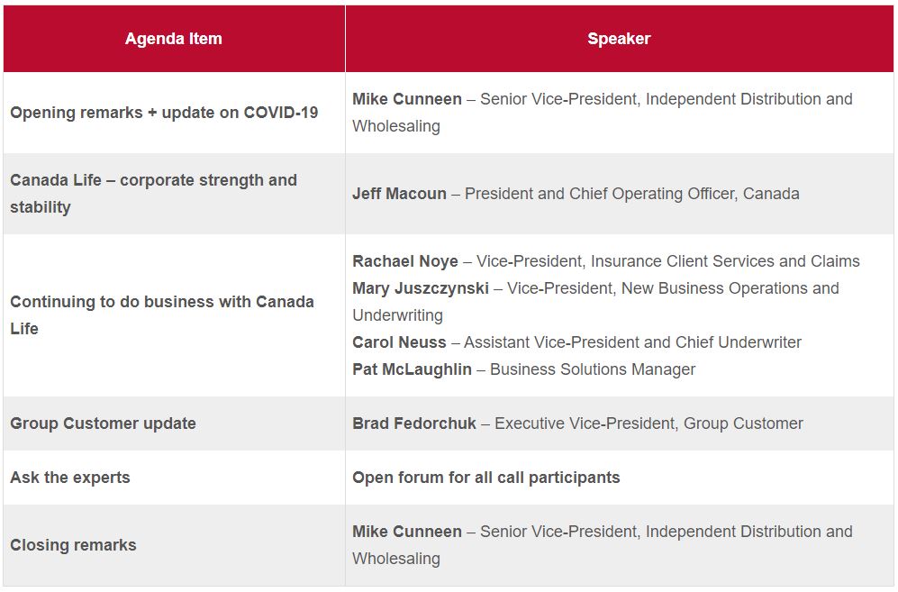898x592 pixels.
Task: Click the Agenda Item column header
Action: [174, 39]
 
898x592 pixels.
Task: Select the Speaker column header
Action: [619, 39]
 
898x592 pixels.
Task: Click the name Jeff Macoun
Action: [399, 194]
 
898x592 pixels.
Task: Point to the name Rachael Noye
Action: [405, 261]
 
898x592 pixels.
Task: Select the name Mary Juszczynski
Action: [421, 288]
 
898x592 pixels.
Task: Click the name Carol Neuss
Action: [399, 342]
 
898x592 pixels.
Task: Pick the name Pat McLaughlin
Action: [413, 369]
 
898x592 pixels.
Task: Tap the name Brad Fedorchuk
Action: [414, 424]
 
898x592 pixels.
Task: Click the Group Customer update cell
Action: [103, 424]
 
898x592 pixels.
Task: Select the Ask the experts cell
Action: [70, 478]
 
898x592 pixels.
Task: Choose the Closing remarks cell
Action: [73, 545]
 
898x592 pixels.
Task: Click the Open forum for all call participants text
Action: [486, 478]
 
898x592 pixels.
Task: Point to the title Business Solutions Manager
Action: [593, 369]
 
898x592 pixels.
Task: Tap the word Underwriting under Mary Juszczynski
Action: [397, 315]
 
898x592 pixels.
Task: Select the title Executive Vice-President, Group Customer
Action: [649, 424]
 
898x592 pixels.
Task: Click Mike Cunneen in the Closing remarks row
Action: [407, 532]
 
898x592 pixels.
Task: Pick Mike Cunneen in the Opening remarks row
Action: [407, 99]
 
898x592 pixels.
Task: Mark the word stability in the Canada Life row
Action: [41, 207]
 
